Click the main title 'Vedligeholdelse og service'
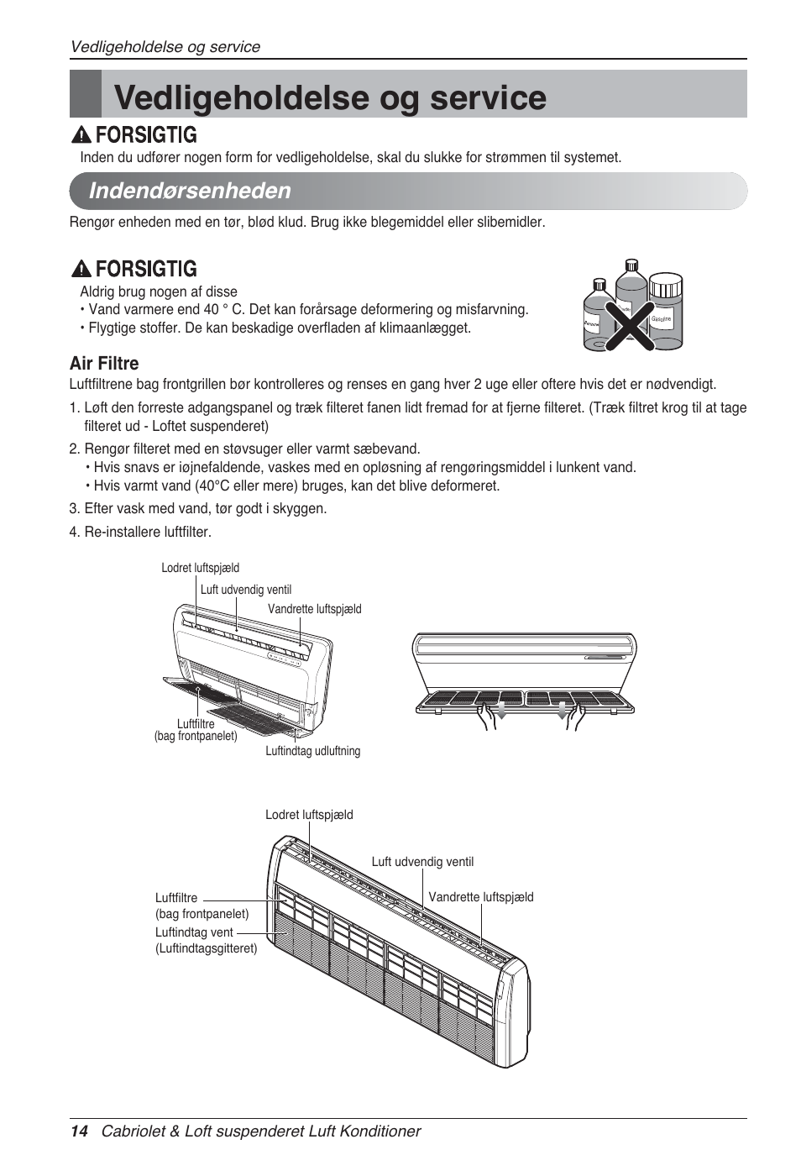(330, 97)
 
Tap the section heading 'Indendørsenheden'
(190, 191)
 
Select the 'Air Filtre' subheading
(104, 363)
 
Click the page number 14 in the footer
(79, 1131)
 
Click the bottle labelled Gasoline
(664, 311)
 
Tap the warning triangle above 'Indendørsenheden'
(81, 135)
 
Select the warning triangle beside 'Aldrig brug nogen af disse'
(81, 269)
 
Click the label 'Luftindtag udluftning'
(312, 751)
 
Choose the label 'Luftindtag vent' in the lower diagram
(194, 932)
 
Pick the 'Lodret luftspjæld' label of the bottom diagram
(309, 815)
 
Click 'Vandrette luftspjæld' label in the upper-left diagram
(314, 609)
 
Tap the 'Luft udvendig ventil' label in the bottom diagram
(422, 862)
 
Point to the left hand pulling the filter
(486, 717)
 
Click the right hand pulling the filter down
(576, 717)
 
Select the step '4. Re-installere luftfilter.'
(140, 532)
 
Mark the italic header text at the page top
(165, 47)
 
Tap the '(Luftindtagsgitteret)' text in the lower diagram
(206, 948)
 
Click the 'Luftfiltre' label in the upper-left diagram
(196, 723)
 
